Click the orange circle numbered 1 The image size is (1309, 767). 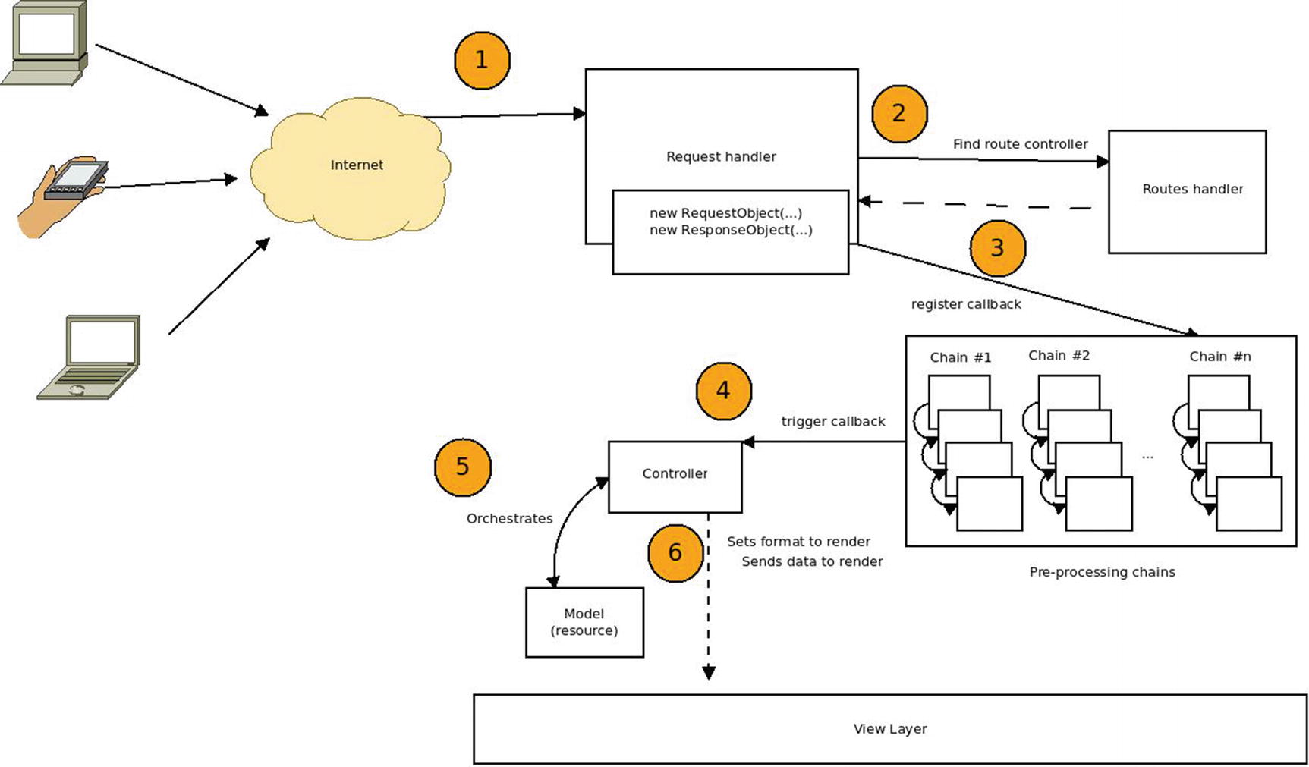click(481, 60)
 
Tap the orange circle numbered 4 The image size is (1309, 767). click(723, 391)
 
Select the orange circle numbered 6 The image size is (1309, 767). click(675, 552)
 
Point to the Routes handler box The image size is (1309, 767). click(1187, 191)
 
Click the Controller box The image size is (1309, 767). click(675, 476)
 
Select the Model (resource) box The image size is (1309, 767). click(584, 622)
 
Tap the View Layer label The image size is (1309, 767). click(890, 729)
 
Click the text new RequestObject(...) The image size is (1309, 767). click(725, 213)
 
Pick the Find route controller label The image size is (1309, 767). click(1020, 144)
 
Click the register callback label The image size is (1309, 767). click(966, 304)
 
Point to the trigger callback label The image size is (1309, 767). click(833, 422)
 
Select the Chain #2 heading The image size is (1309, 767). click(1059, 356)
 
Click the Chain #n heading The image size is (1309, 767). click(1219, 357)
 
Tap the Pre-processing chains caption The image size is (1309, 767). click(1102, 572)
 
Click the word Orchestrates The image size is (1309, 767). click(509, 519)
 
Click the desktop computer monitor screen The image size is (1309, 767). click(46, 33)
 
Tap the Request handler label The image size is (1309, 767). click(721, 157)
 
